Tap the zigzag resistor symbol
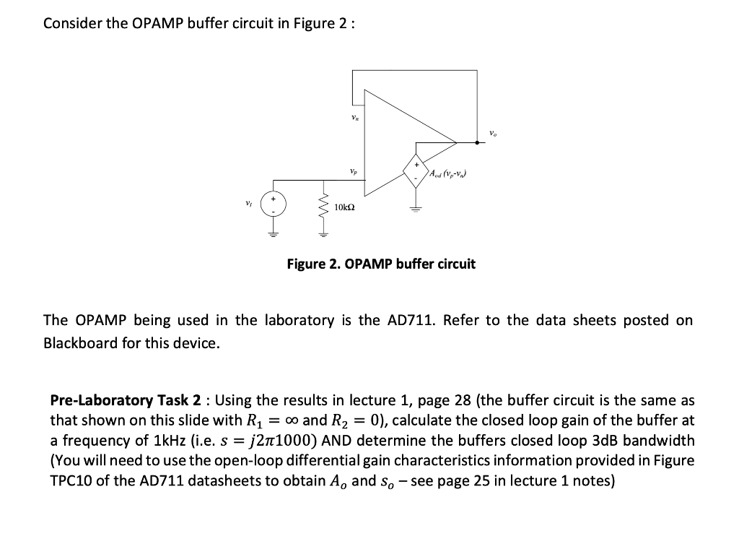[x=323, y=210]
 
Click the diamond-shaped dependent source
[x=416, y=171]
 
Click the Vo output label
[x=493, y=132]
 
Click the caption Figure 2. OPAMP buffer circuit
[x=381, y=264]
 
